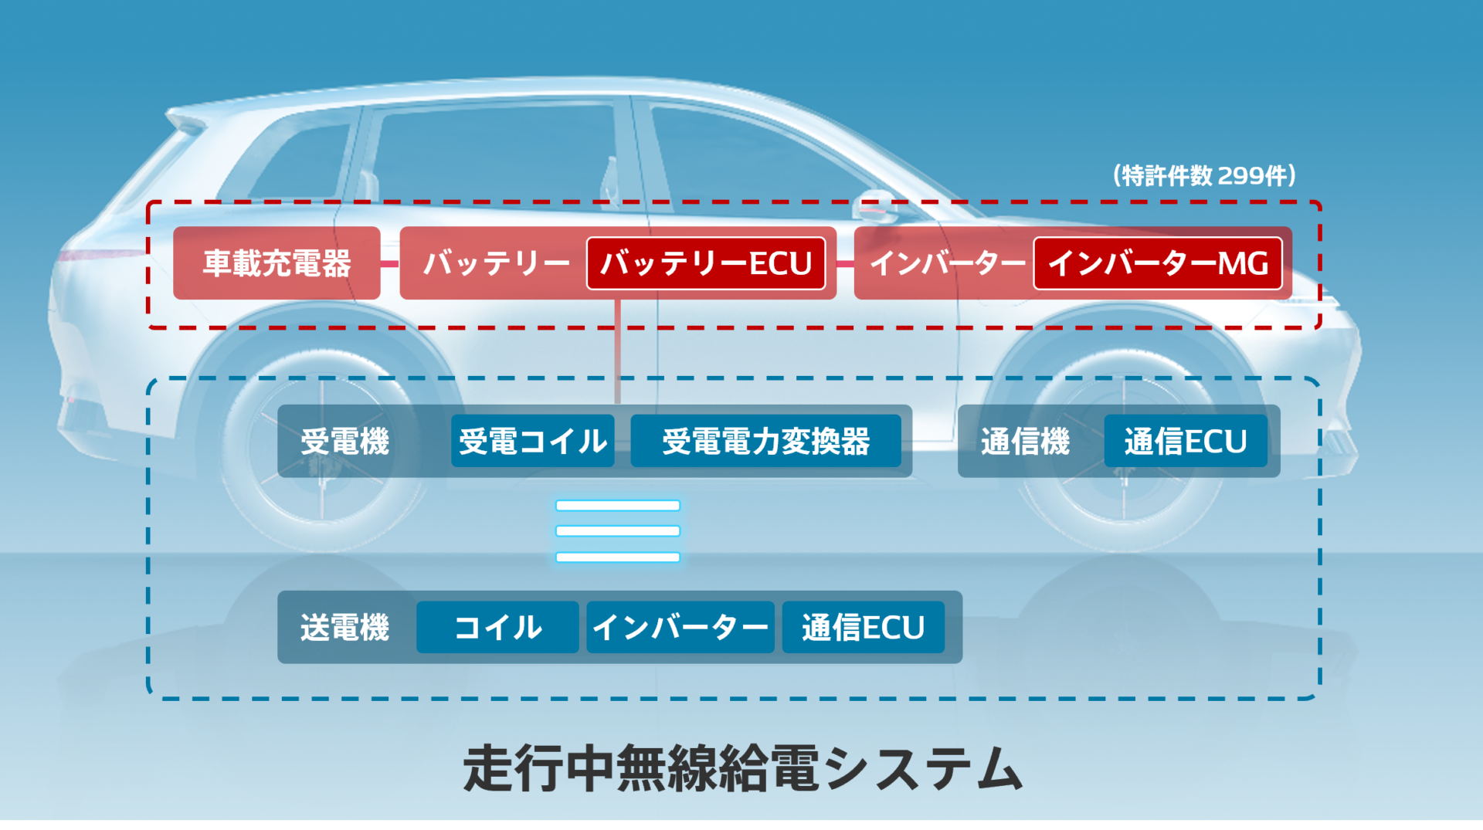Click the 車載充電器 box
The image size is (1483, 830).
point(277,263)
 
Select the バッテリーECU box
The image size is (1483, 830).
point(706,263)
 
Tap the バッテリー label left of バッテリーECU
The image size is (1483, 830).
point(496,263)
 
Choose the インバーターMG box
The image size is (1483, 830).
point(1157,263)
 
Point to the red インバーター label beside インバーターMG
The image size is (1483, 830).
point(948,263)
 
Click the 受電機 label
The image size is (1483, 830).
point(344,442)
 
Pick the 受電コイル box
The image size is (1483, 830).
point(533,441)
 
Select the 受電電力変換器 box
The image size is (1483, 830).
point(765,441)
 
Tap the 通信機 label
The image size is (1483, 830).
point(1025,442)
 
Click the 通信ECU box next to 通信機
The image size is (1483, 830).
point(1186,441)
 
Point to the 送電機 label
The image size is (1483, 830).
point(344,628)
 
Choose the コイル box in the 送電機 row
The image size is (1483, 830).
point(497,627)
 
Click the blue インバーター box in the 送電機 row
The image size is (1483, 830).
point(680,627)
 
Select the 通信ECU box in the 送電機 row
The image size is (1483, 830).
point(864,627)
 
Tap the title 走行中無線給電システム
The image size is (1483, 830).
point(742,769)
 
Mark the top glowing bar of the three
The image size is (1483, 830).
point(618,506)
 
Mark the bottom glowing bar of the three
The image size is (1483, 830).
point(618,557)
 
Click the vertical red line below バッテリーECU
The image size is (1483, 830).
point(618,351)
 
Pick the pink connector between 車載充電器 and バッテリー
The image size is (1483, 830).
point(390,264)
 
